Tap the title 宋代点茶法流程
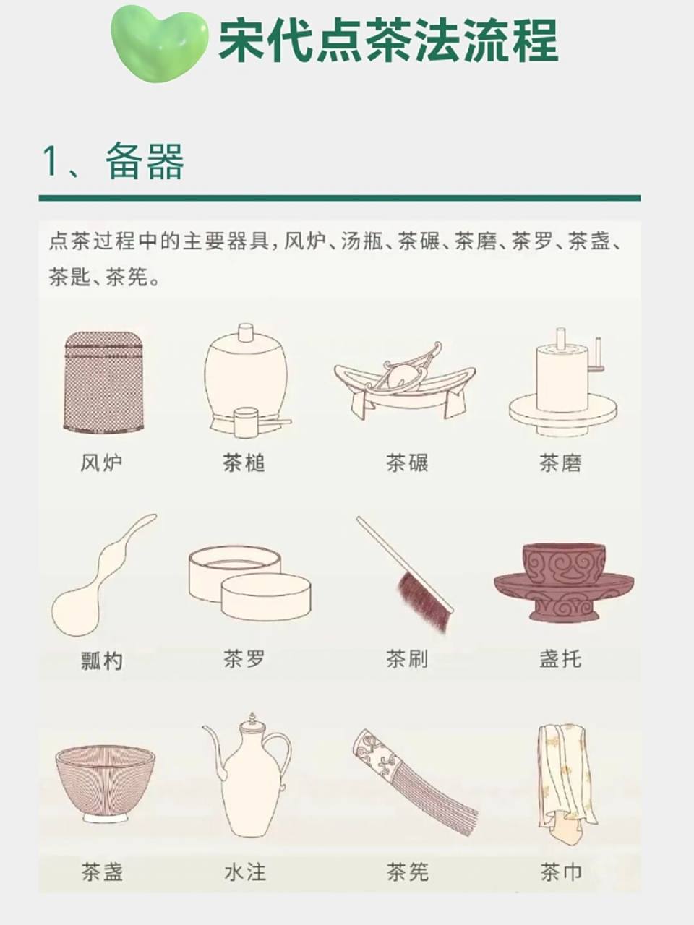click(389, 40)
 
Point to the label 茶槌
click(244, 463)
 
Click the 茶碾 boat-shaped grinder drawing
click(405, 383)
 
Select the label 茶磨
click(560, 463)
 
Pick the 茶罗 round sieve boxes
click(249, 583)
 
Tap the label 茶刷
click(407, 659)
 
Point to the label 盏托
click(560, 659)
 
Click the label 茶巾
click(560, 872)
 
